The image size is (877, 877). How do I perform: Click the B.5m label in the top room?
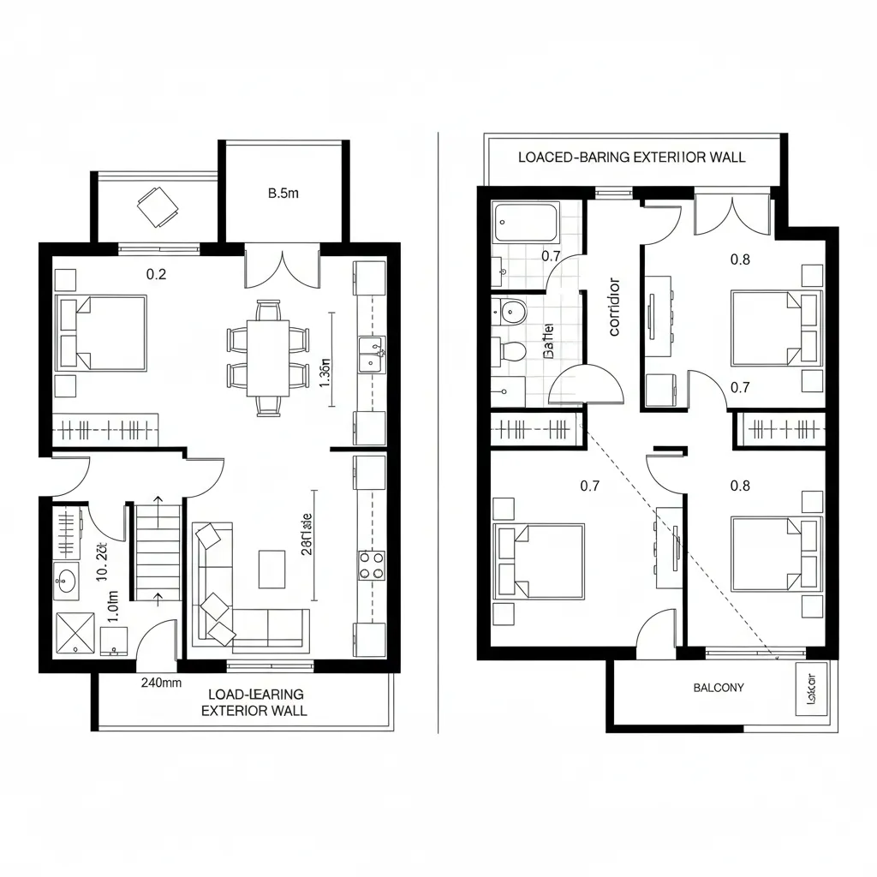point(283,194)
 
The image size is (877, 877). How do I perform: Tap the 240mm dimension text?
point(161,683)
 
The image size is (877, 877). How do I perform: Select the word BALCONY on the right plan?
point(719,687)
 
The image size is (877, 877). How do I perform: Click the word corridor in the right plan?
point(613,307)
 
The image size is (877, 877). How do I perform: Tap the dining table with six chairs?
point(268,357)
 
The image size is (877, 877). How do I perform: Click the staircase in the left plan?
point(157,552)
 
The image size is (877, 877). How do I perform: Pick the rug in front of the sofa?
point(272,569)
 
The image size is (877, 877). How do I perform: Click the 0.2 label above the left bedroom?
point(156,275)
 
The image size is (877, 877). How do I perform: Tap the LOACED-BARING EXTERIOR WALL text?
point(632,157)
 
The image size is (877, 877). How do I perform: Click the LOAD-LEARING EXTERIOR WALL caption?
point(254,702)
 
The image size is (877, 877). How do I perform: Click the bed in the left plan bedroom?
point(100,333)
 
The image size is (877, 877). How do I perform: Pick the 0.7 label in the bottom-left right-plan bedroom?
point(589,486)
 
